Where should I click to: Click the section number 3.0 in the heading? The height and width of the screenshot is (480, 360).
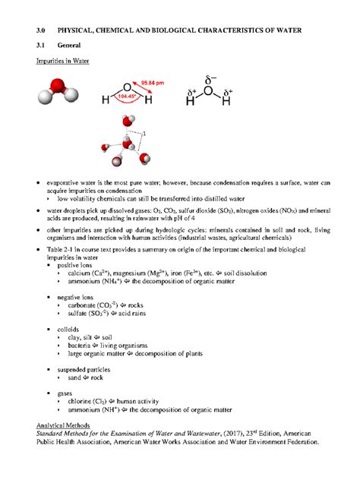43,30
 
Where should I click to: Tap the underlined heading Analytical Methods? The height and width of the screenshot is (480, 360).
69,425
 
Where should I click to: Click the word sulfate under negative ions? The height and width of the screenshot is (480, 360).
78,313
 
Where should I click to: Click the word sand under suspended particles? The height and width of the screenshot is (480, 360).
75,377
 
